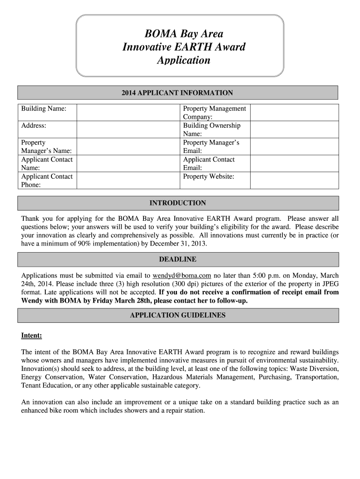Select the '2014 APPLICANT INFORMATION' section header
177,93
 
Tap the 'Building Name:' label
43,109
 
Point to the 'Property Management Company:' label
214,112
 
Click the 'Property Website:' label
209,176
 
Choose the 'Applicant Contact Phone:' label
47,180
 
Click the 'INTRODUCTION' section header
177,203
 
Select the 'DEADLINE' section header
177,259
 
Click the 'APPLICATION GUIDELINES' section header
177,315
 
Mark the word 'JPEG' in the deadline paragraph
329,284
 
